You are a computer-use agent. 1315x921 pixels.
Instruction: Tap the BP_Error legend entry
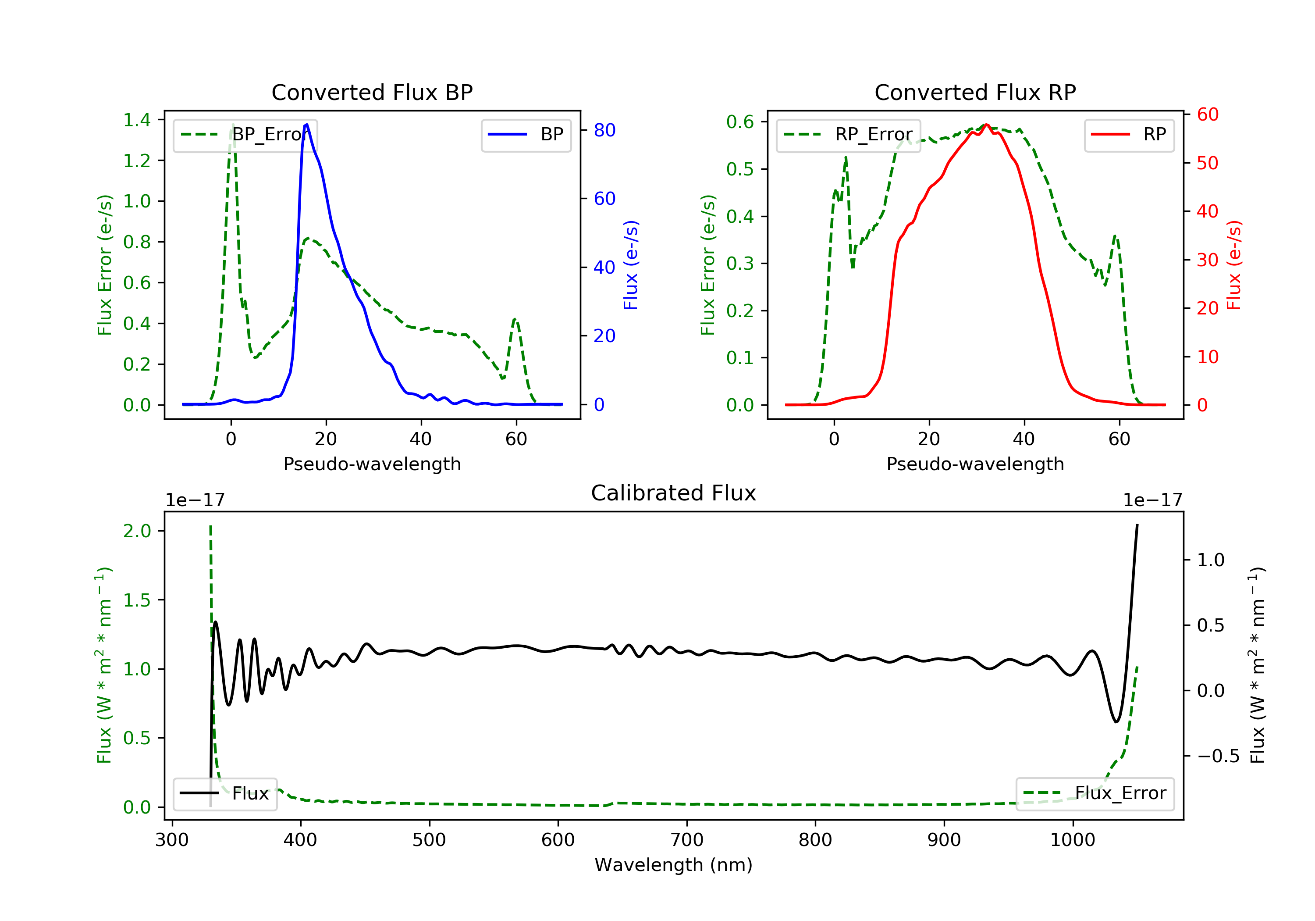click(x=245, y=135)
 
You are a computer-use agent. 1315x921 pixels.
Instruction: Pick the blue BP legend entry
click(x=526, y=135)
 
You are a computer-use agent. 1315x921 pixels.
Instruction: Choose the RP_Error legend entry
click(x=848, y=135)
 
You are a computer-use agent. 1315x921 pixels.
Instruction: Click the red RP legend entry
click(x=1129, y=135)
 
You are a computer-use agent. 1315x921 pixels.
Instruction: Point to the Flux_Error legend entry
click(x=1095, y=793)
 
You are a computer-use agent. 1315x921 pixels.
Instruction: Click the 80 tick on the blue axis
click(x=604, y=131)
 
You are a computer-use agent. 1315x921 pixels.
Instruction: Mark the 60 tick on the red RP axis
click(x=1207, y=114)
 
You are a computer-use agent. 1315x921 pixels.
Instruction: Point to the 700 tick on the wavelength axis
click(x=687, y=840)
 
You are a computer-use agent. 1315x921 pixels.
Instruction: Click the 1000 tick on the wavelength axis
click(x=1072, y=840)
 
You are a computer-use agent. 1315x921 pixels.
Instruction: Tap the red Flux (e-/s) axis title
click(x=1234, y=265)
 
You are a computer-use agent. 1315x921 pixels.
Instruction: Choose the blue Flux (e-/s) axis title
click(x=631, y=265)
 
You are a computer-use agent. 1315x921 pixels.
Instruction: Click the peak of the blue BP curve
click(x=307, y=125)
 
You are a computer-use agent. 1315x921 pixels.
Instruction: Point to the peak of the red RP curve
click(x=986, y=125)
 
